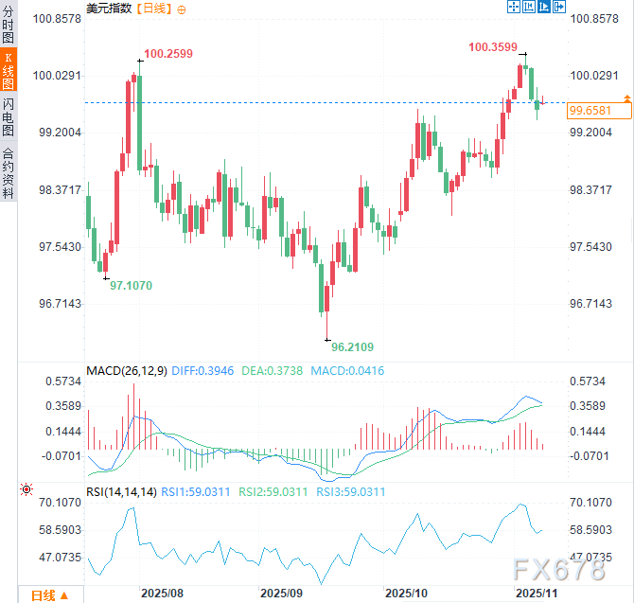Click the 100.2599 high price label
(x=168, y=54)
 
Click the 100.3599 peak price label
(x=493, y=46)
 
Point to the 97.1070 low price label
(x=131, y=285)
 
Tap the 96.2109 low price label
(x=352, y=346)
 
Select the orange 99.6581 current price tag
(x=587, y=111)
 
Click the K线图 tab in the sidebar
(x=9, y=71)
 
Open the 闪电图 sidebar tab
(x=9, y=116)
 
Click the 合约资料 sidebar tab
(x=9, y=172)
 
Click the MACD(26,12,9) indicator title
(x=127, y=370)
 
